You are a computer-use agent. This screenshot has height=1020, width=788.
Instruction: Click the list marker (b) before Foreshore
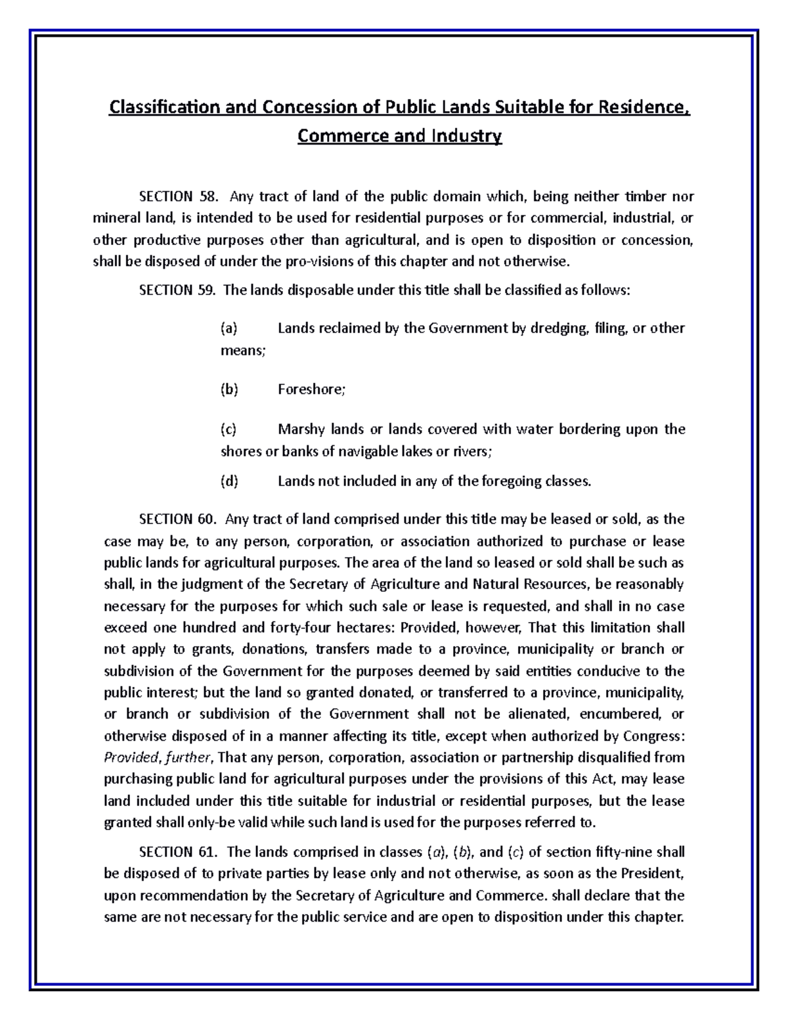click(x=229, y=389)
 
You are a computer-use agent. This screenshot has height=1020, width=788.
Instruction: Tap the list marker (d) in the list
click(x=229, y=481)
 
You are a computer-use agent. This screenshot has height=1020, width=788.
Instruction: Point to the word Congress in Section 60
click(x=653, y=736)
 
